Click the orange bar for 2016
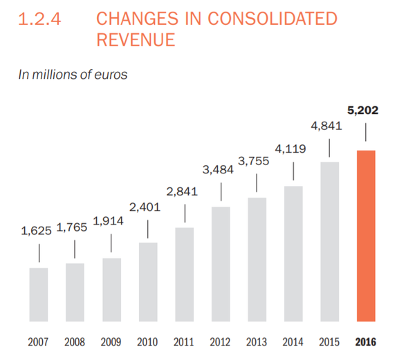pyautogui.click(x=366, y=236)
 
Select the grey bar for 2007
pyautogui.click(x=39, y=295)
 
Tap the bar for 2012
pyautogui.click(x=221, y=265)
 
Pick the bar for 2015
pyautogui.click(x=329, y=242)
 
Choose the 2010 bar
pyautogui.click(x=148, y=283)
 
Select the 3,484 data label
pyautogui.click(x=221, y=169)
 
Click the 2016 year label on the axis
pyautogui.click(x=367, y=341)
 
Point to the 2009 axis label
pyautogui.click(x=111, y=341)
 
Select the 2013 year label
pyautogui.click(x=257, y=341)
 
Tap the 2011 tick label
pyautogui.click(x=184, y=341)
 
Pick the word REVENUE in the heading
pyautogui.click(x=136, y=40)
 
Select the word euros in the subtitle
pyautogui.click(x=110, y=75)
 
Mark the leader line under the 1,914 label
pyautogui.click(x=111, y=243)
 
